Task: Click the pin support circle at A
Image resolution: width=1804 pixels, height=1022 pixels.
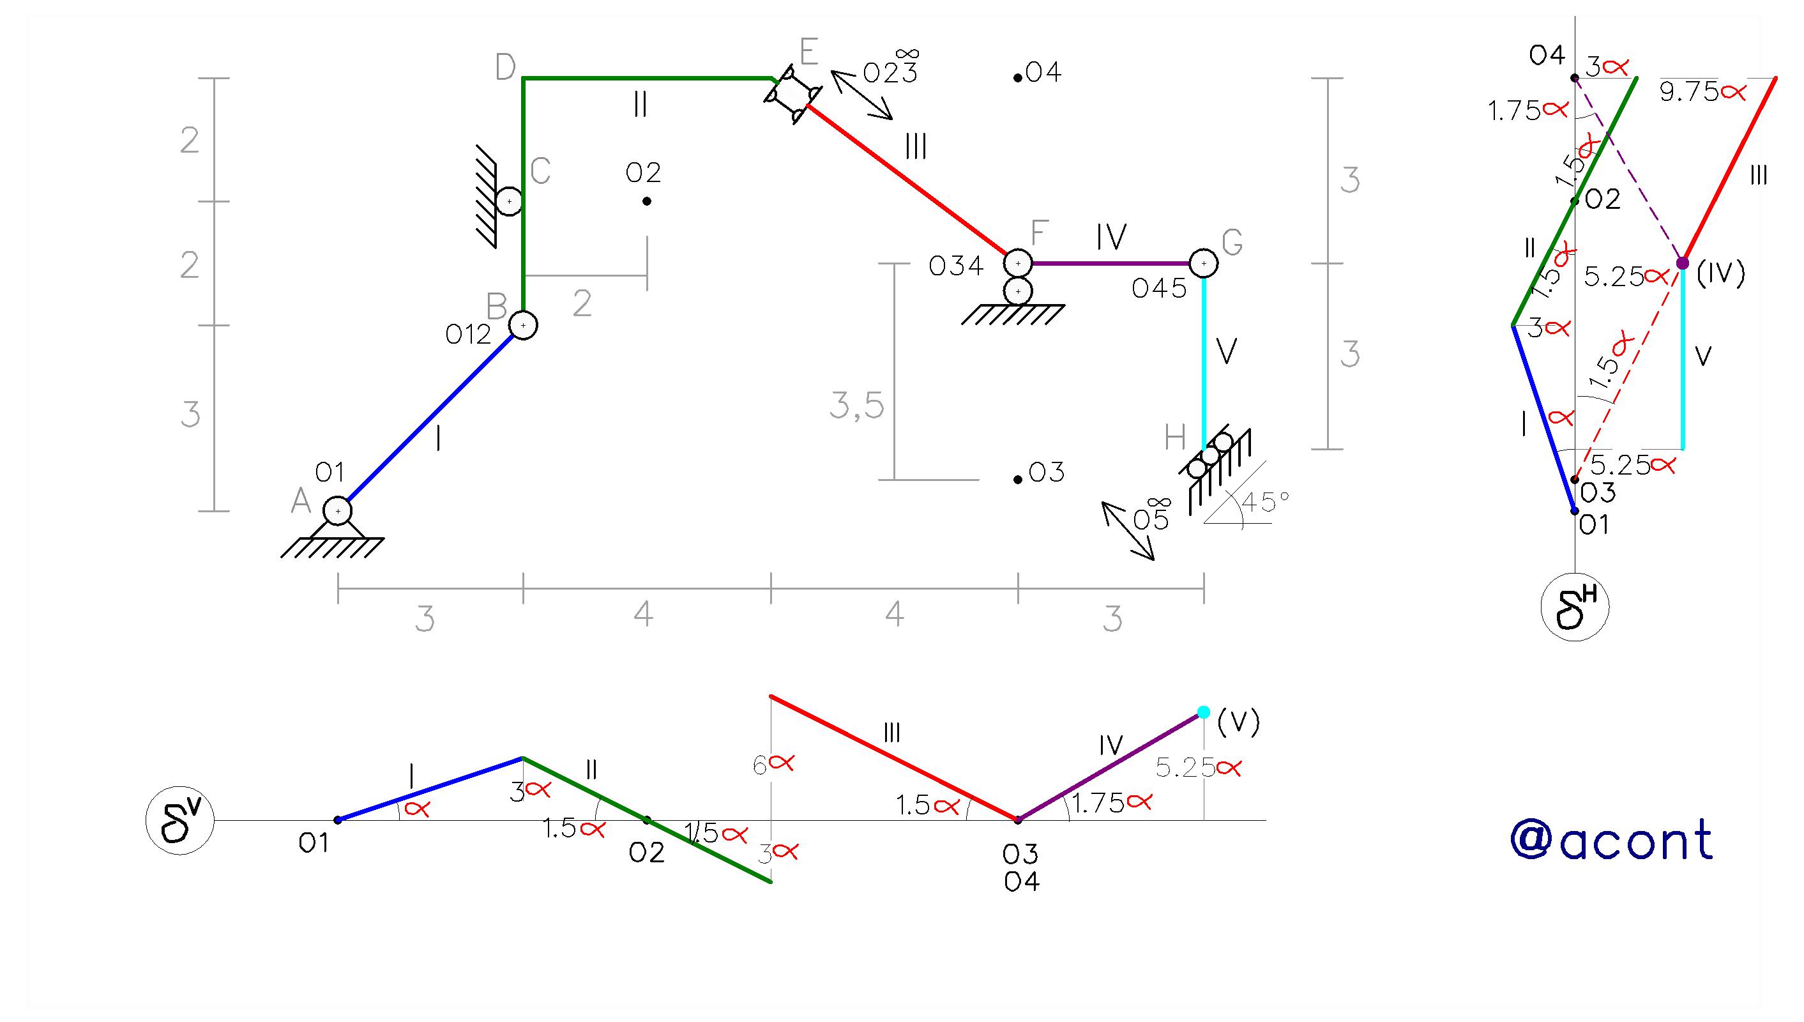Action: click(338, 510)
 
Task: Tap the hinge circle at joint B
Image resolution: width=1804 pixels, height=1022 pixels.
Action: click(523, 325)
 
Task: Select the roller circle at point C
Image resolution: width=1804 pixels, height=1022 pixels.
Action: click(509, 201)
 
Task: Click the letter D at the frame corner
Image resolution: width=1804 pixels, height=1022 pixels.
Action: click(505, 67)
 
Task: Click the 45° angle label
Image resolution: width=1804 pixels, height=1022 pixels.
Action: click(1266, 501)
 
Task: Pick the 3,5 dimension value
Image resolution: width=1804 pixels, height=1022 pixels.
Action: click(857, 405)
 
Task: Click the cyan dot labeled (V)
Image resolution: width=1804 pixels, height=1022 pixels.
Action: click(1203, 712)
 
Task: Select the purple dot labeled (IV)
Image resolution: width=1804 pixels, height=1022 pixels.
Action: click(1683, 263)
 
